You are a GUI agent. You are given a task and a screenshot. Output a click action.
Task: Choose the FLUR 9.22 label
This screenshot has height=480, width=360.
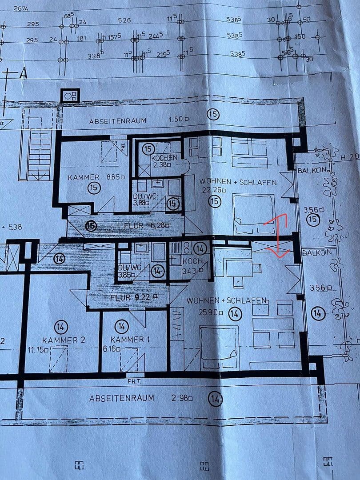[x=133, y=297]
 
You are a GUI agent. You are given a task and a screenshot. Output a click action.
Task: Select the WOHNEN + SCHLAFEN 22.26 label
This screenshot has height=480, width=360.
[x=238, y=186]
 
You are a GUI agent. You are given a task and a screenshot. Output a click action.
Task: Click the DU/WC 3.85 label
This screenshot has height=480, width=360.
[x=129, y=271]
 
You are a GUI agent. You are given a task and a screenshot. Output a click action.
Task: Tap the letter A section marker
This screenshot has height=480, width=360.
[x=22, y=74]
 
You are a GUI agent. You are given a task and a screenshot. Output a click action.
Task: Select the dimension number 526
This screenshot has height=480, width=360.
[x=125, y=20]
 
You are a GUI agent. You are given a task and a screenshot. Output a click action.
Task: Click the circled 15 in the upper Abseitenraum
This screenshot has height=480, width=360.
[x=213, y=115]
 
